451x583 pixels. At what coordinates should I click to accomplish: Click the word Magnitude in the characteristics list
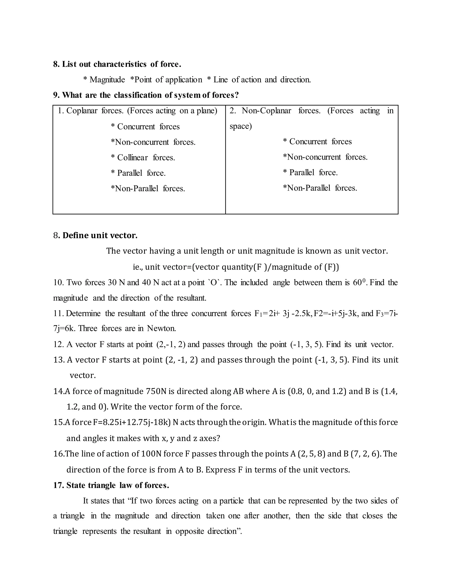pyautogui.click(x=107, y=80)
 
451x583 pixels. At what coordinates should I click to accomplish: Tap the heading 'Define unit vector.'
pyautogui.click(x=100, y=235)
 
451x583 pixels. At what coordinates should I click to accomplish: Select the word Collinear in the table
pyautogui.click(x=132, y=158)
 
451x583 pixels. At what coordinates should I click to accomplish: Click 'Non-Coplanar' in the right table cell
pyautogui.click(x=266, y=111)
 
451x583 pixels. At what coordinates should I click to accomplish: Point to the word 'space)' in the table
pyautogui.click(x=240, y=126)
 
